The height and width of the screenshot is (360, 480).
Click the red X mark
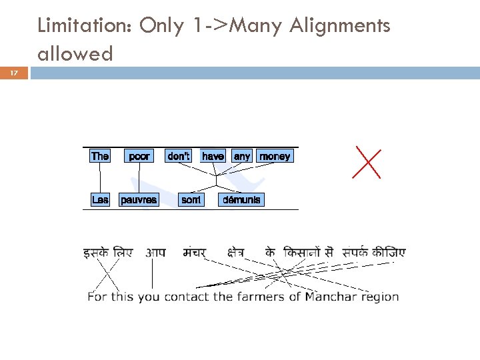[367, 163]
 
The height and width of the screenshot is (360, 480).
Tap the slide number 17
[14, 73]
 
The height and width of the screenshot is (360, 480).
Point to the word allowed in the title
[75, 53]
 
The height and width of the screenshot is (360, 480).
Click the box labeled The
[100, 156]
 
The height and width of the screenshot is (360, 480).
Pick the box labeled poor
[139, 156]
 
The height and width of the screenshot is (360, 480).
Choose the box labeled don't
[179, 156]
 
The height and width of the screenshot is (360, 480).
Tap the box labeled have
[213, 156]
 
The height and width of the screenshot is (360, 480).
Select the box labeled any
[242, 156]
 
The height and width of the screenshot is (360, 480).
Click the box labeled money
[275, 156]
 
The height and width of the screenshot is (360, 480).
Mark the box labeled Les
[100, 199]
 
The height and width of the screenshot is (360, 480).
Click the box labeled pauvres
[139, 199]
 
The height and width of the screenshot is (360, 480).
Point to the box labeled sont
[191, 199]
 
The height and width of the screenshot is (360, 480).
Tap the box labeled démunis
[241, 199]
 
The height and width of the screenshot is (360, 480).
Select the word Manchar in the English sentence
[331, 297]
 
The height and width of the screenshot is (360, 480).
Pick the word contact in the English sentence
[187, 297]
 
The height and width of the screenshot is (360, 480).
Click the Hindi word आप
[155, 253]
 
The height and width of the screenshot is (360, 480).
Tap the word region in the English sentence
[379, 297]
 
